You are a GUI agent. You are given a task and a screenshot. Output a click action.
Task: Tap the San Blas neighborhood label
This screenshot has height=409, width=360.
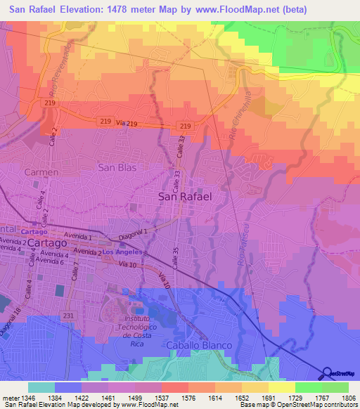117,167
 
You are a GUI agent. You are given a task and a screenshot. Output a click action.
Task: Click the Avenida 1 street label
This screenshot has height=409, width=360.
79,235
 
